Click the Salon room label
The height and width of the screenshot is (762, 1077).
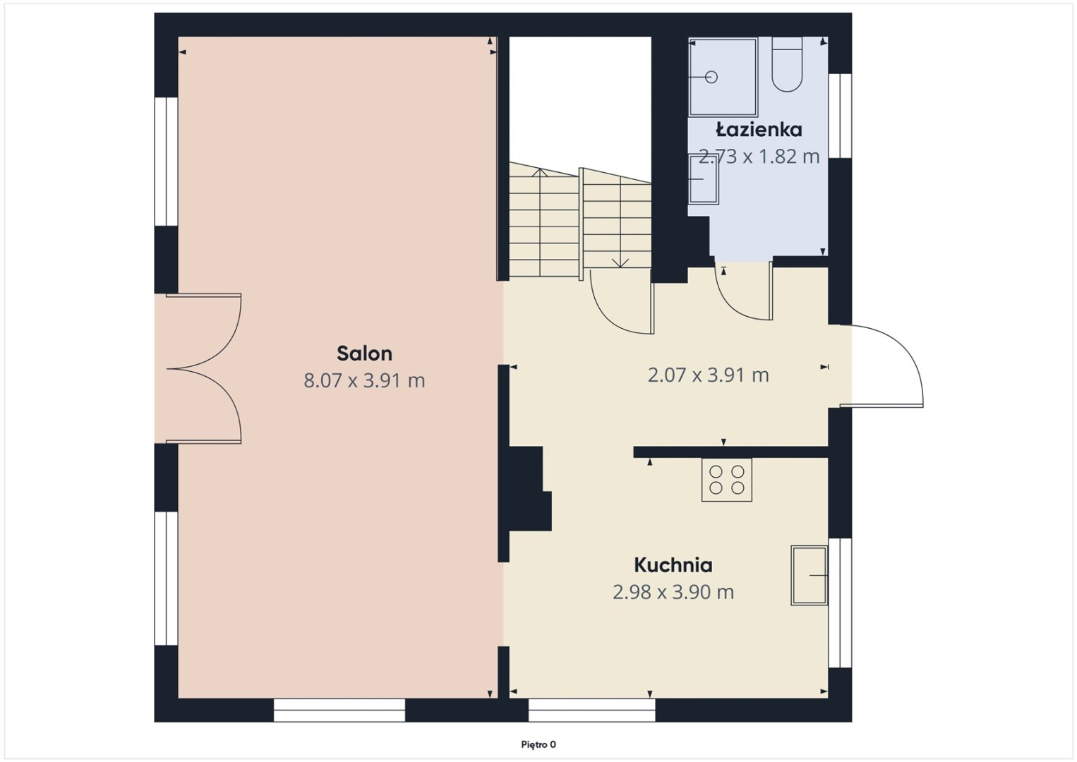tap(364, 353)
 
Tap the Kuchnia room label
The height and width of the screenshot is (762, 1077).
tap(673, 565)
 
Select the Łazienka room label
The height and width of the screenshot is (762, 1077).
tap(759, 129)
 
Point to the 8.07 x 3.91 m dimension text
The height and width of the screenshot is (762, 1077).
tap(364, 380)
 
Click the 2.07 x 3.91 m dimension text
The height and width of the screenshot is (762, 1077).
tap(708, 375)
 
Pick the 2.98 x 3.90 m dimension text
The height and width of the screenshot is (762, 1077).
tap(673, 592)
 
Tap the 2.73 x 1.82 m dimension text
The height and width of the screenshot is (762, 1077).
tap(759, 156)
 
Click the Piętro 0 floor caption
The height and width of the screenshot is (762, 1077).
tap(538, 744)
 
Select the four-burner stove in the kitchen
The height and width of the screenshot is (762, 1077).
tap(726, 480)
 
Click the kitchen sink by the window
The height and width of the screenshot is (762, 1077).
tap(810, 575)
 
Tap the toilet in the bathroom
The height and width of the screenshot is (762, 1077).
tap(787, 64)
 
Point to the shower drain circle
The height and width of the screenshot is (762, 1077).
tap(711, 77)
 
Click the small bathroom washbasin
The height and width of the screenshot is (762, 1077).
tap(704, 179)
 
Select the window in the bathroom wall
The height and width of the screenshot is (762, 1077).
tap(840, 116)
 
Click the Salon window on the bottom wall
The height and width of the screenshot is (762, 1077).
tap(339, 710)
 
